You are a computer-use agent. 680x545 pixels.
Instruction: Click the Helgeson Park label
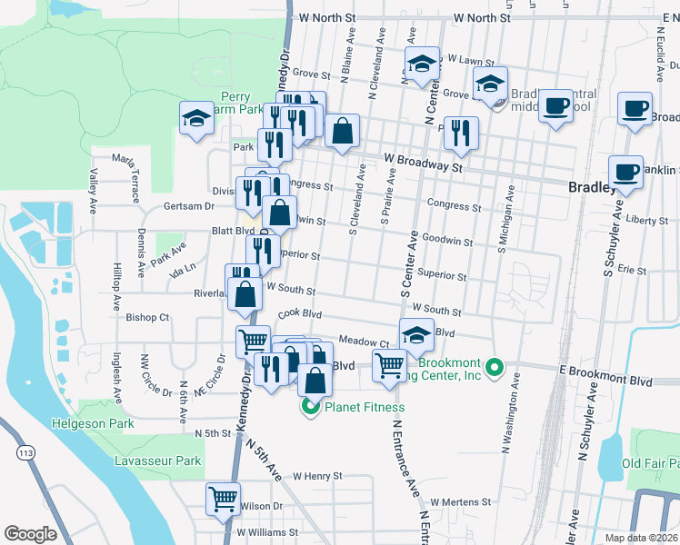pyautogui.click(x=93, y=423)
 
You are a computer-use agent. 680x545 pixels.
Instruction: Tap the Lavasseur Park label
pyautogui.click(x=157, y=461)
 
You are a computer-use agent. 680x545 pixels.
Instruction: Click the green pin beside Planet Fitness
pyautogui.click(x=310, y=408)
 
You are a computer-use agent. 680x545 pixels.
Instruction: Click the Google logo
pyautogui.click(x=31, y=534)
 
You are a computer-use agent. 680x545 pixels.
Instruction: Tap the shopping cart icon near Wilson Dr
pyautogui.click(x=224, y=498)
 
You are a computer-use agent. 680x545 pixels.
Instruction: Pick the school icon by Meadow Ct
pyautogui.click(x=416, y=334)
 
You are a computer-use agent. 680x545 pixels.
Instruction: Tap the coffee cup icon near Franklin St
pyautogui.click(x=625, y=171)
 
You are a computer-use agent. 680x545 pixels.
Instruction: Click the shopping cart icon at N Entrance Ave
pyautogui.click(x=389, y=366)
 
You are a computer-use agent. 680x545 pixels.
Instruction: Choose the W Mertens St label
pyautogui.click(x=460, y=501)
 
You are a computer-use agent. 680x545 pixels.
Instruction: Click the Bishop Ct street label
pyautogui.click(x=147, y=318)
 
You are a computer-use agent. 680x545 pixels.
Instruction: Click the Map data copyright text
pyautogui.click(x=641, y=538)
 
